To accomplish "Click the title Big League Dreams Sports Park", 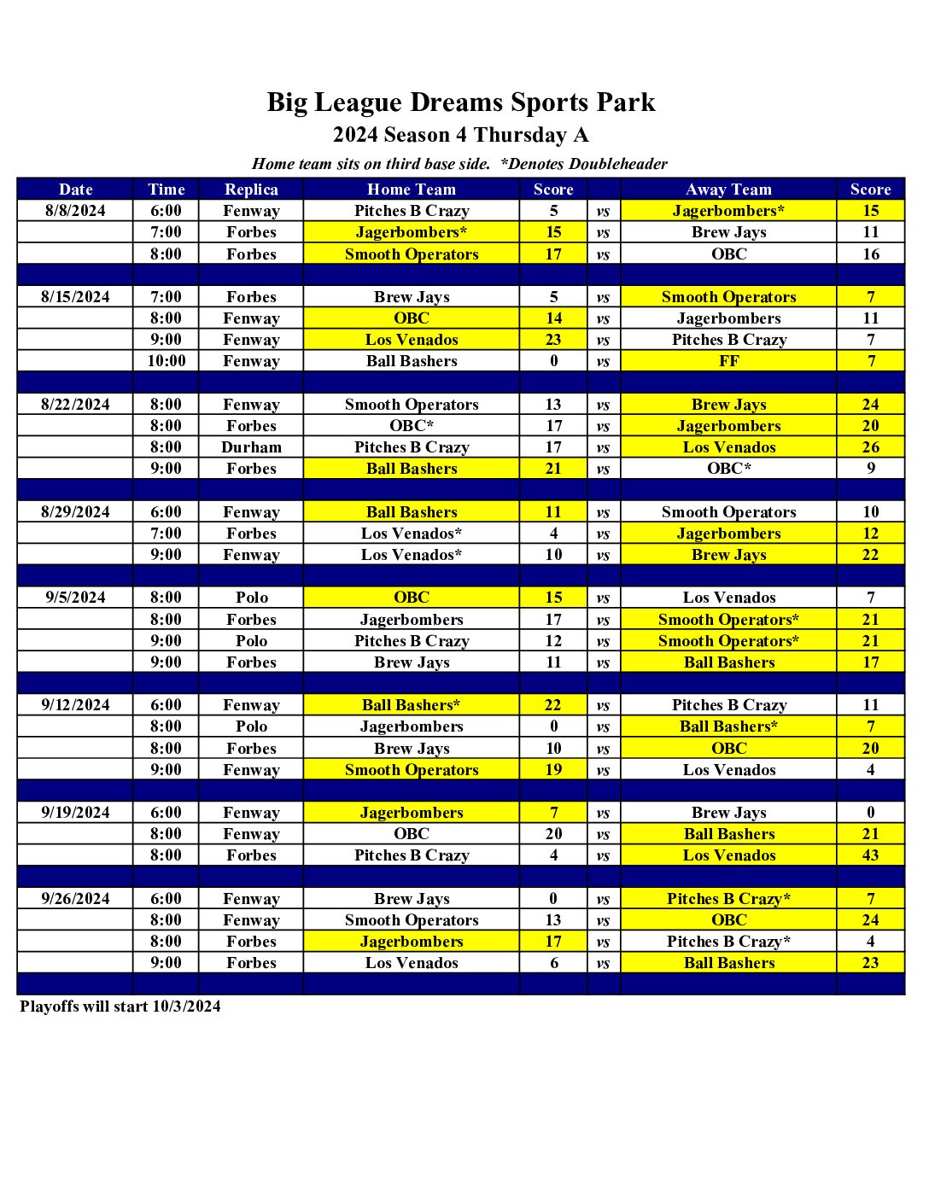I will [461, 102].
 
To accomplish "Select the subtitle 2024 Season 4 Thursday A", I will [461, 135].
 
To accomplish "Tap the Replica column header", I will [251, 190].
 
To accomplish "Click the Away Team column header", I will [728, 190].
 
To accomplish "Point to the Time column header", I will [166, 190].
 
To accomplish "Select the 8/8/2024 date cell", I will [75, 211].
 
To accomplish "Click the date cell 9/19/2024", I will [75, 813].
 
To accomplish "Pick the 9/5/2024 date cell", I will [75, 598].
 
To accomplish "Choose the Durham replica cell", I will [251, 447].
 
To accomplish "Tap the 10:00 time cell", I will [166, 361].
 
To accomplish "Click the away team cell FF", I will [728, 361].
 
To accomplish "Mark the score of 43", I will [870, 855].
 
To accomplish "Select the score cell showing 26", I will [870, 447].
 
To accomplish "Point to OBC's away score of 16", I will [870, 254].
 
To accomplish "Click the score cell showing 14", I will [553, 318].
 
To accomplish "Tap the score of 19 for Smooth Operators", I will [553, 770].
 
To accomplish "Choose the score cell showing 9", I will [870, 469].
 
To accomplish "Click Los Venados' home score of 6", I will [553, 963].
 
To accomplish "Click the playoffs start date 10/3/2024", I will [186, 1007].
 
